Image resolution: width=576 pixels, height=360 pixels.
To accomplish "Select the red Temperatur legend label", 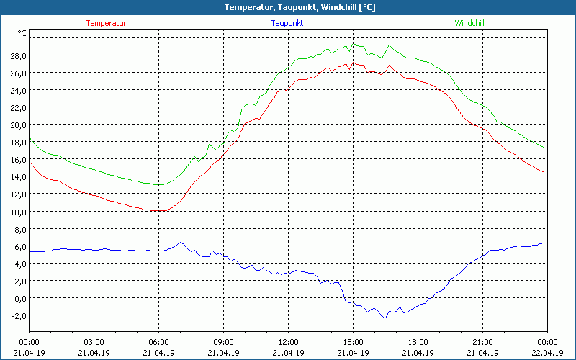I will click(106, 23).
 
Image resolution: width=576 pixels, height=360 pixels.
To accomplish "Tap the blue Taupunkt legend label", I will click(287, 23).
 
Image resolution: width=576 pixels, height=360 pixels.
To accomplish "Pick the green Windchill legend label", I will click(469, 23).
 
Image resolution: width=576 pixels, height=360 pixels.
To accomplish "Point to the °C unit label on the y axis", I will click(22, 33).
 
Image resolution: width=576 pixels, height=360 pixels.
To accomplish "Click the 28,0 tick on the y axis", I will click(18, 55).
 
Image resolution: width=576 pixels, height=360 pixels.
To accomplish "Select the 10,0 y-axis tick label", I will click(18, 211).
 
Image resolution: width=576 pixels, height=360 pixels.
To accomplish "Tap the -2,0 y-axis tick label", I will click(18, 315).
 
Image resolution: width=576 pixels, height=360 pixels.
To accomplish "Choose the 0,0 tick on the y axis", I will click(20, 297).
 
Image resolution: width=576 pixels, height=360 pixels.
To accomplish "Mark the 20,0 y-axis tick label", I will click(18, 125).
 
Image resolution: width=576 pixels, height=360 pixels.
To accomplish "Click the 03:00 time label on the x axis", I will click(94, 342).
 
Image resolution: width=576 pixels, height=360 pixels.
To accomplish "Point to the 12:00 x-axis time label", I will click(288, 342).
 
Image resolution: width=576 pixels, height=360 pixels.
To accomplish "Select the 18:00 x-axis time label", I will click(418, 342).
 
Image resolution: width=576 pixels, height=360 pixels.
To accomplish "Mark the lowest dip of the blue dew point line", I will click(384, 317).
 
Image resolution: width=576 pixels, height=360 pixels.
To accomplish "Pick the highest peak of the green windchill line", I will click(353, 43).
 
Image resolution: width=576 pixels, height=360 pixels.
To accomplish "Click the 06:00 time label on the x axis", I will click(158, 342).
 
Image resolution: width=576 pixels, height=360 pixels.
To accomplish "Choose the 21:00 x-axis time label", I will click(482, 342).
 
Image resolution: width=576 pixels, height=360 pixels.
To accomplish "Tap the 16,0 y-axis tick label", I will click(18, 159).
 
